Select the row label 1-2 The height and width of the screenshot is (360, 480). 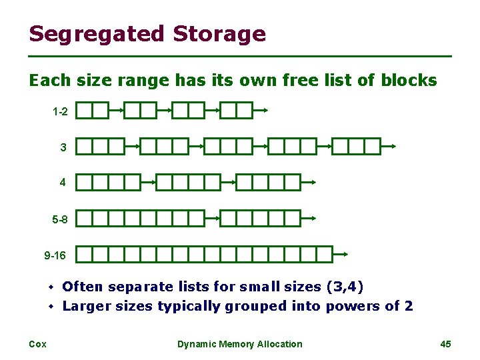(60, 111)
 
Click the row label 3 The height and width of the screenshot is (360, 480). (63, 147)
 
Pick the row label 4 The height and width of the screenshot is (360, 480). (63, 182)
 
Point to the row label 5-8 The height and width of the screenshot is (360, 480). (60, 219)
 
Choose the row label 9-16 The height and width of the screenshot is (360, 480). (56, 255)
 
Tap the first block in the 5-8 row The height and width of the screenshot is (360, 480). (140, 218)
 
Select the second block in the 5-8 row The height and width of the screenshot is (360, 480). (261, 218)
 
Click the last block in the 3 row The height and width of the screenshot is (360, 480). (356, 146)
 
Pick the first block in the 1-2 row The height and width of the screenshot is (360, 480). (92, 111)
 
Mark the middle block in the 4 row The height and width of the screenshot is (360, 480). (188, 182)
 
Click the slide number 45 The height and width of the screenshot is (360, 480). (446, 344)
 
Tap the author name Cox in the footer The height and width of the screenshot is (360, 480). (37, 344)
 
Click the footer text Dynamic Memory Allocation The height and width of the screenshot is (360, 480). (239, 344)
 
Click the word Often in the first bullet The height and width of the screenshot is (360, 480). (83, 287)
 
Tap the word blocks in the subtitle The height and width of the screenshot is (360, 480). (409, 81)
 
